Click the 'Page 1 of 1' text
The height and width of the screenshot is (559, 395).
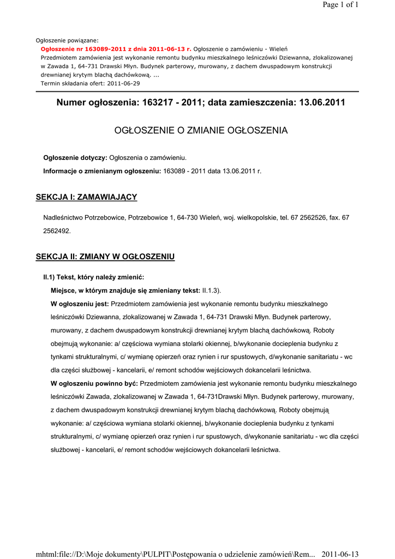[x=340, y=5]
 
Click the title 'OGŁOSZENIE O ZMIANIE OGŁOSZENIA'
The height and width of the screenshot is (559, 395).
[x=200, y=130]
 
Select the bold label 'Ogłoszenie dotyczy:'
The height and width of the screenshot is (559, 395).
[x=75, y=158]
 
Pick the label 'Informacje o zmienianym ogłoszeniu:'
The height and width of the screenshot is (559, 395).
[x=102, y=171]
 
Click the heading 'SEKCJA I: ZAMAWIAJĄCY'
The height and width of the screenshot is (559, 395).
[x=86, y=197]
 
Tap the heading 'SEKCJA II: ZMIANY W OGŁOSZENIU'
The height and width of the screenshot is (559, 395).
[x=105, y=257]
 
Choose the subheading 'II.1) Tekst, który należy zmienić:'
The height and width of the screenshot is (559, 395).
[x=94, y=277]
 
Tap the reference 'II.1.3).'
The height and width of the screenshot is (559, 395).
[x=212, y=290]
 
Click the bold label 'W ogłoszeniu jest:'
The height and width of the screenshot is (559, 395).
[x=80, y=304]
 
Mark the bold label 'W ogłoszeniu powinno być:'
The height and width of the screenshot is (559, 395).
[x=94, y=383]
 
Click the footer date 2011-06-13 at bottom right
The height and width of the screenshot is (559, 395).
[x=340, y=554]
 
